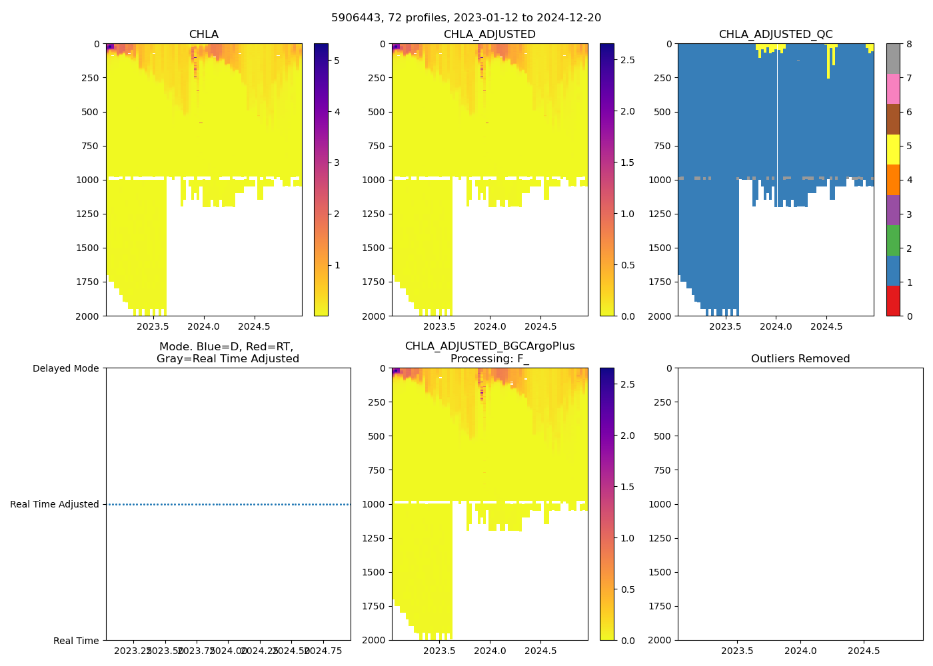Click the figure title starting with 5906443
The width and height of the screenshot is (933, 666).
(466, 17)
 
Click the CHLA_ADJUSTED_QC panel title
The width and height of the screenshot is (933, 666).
(775, 35)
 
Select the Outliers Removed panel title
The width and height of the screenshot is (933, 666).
(800, 359)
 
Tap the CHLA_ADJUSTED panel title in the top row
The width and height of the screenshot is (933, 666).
(489, 35)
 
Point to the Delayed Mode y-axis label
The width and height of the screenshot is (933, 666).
(65, 368)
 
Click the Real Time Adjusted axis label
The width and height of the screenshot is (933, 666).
(55, 504)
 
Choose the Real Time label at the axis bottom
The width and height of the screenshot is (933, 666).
(76, 641)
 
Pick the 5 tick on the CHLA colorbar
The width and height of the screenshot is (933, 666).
(337, 61)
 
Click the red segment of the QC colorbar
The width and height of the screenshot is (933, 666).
(893, 300)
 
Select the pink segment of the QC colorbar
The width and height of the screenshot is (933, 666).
(893, 89)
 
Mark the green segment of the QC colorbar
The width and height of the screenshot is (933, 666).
(893, 240)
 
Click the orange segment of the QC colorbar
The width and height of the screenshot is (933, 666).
(893, 180)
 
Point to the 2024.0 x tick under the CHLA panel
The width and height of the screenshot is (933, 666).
(203, 326)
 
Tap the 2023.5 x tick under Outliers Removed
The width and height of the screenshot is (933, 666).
(737, 651)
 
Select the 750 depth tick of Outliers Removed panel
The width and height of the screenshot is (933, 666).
(662, 470)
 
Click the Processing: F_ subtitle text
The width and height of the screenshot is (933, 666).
(489, 359)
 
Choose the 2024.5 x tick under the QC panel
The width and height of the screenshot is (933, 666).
(826, 326)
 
